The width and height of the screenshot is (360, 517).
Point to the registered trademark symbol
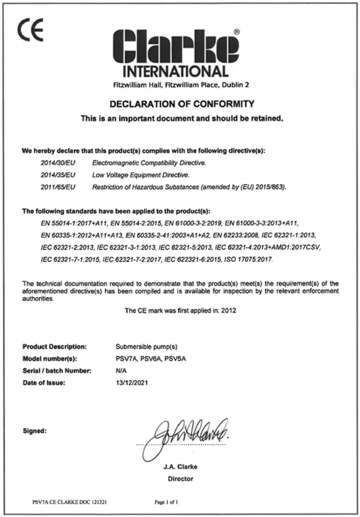(236, 32)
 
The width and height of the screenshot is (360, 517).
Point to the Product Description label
(55, 346)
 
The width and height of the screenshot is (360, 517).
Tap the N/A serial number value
(122, 371)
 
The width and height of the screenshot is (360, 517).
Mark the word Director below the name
(181, 479)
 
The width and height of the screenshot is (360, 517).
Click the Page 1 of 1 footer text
(167, 501)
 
